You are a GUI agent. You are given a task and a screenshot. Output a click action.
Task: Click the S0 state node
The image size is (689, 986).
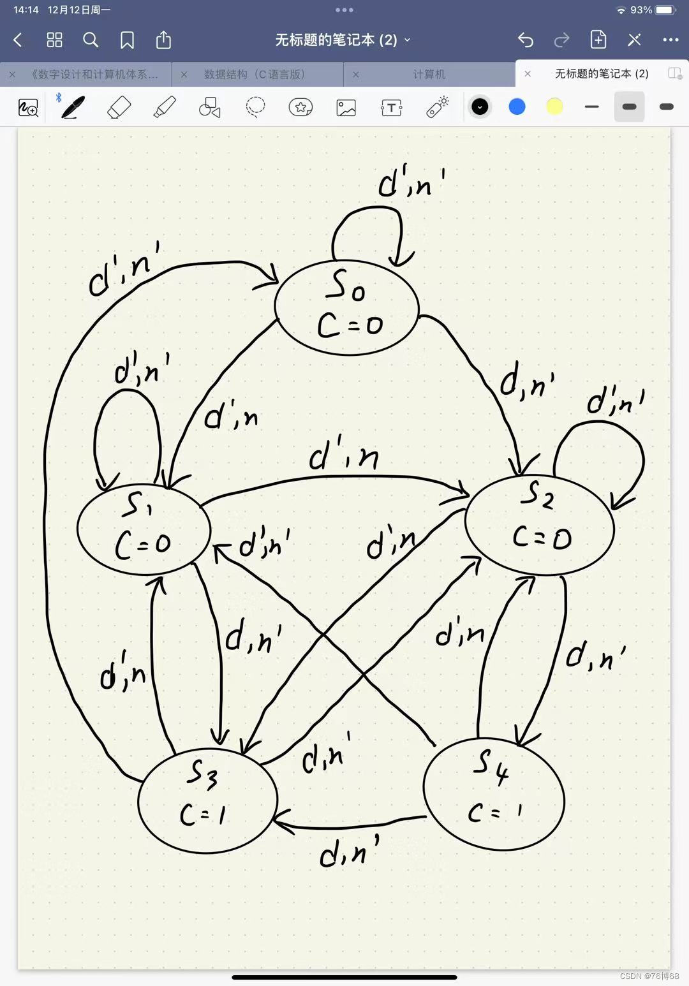coord(347,307)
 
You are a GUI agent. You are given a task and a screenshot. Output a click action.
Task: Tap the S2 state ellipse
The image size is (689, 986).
coord(540,524)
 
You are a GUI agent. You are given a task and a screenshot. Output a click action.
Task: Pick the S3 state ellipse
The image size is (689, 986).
coord(207,800)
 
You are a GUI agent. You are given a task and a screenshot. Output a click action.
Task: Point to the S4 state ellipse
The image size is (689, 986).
coord(494,795)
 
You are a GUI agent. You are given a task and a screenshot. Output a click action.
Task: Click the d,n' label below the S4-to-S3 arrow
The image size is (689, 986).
coord(349,851)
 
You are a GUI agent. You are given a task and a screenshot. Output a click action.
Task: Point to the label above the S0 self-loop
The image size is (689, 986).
coord(411,182)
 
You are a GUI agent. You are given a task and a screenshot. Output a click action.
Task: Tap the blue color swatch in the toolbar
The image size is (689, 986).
coord(517,107)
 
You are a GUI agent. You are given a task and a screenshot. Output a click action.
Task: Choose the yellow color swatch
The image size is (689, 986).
coord(554,107)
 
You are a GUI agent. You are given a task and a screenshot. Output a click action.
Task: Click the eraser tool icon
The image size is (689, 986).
coord(119,107)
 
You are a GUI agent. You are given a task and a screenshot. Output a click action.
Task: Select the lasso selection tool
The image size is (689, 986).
coord(255,107)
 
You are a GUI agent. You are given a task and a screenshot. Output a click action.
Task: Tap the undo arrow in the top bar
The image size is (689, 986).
coord(525,40)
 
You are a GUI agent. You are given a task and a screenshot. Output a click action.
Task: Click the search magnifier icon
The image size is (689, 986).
coord(91,40)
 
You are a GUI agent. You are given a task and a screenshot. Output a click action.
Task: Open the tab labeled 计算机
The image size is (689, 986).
coord(429,74)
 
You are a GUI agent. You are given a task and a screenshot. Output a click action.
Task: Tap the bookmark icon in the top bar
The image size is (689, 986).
coord(127,40)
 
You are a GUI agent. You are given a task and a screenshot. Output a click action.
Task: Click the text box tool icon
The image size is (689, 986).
coord(391,107)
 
